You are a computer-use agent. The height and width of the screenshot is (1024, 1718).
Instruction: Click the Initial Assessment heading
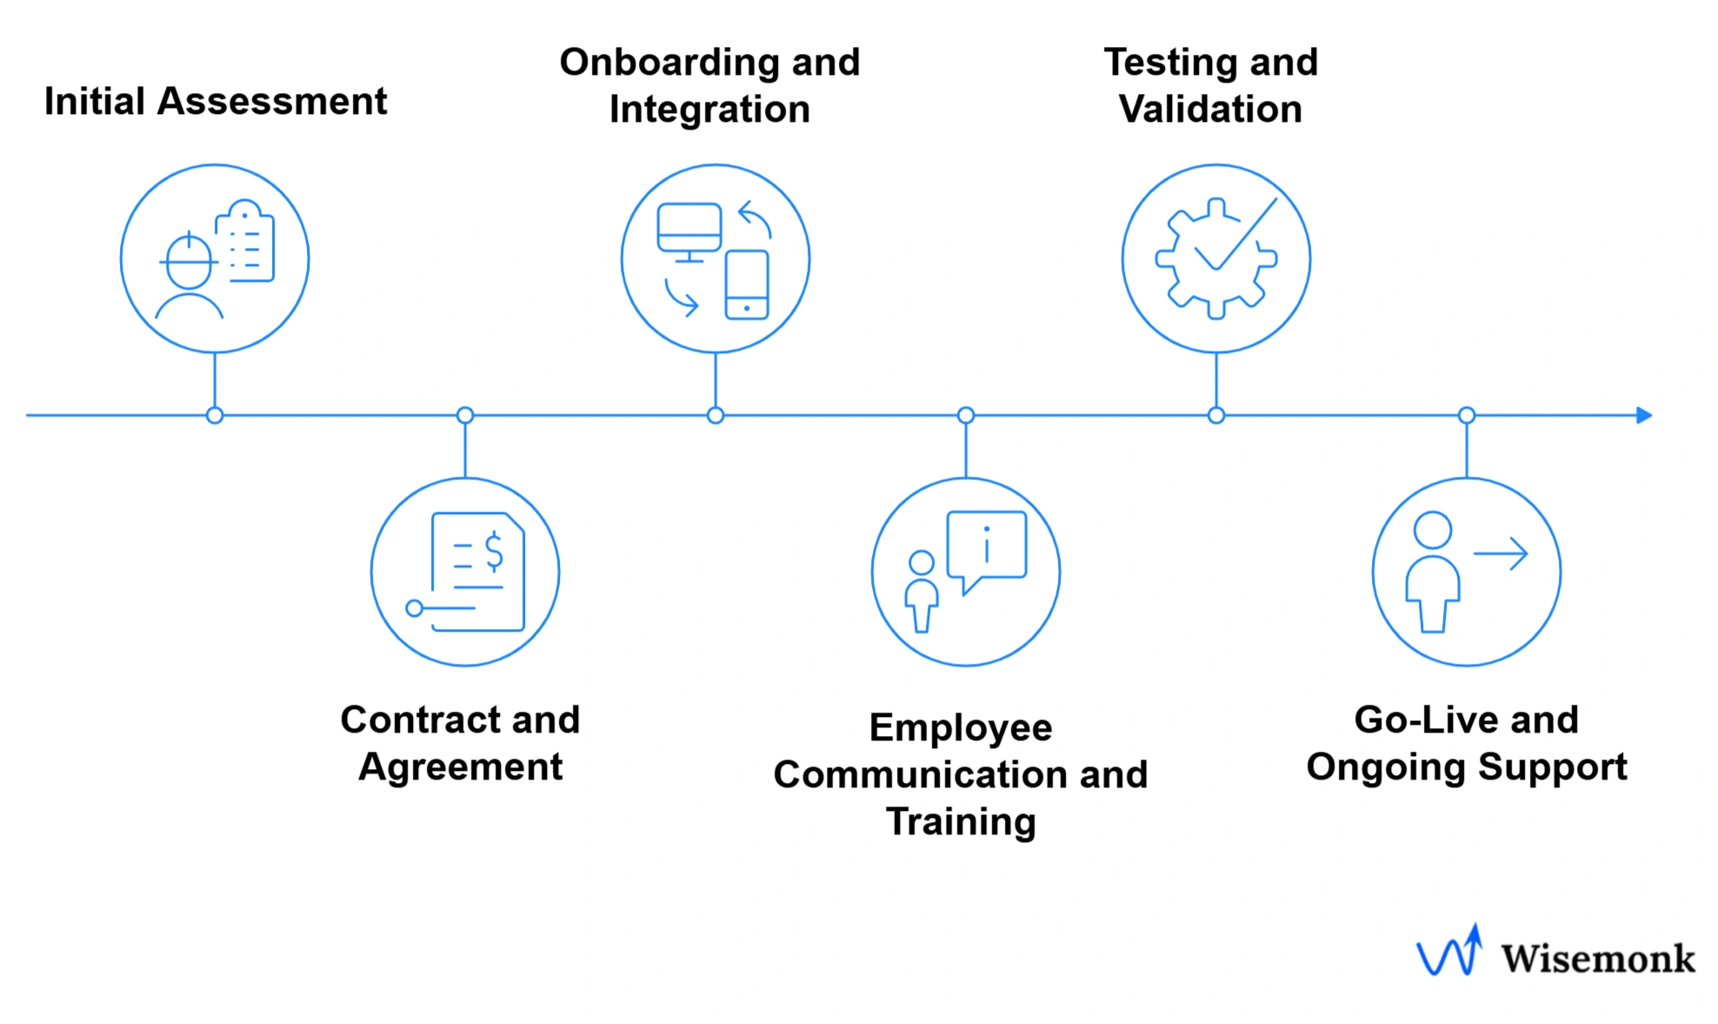[x=215, y=102]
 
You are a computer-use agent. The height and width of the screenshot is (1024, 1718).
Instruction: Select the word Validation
[x=1210, y=110]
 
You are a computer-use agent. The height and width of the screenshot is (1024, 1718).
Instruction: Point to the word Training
[x=961, y=822]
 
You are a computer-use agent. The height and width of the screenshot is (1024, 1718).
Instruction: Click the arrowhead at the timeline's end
[x=1643, y=416]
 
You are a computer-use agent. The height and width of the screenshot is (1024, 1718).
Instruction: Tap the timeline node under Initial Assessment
[x=215, y=416]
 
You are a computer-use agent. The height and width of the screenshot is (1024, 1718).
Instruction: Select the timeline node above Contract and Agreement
[x=465, y=416]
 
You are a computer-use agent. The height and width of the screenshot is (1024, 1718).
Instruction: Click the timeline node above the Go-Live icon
[x=1467, y=416]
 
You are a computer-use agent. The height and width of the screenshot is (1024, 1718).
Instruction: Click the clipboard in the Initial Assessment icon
[x=246, y=244]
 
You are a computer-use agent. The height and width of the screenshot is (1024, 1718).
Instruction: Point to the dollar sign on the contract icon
[x=494, y=552]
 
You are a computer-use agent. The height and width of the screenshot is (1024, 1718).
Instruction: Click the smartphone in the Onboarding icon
[x=747, y=284]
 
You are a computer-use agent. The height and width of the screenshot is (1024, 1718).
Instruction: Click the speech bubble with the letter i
[x=987, y=545]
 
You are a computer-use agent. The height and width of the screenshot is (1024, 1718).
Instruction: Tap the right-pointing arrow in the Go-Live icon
[x=1502, y=553]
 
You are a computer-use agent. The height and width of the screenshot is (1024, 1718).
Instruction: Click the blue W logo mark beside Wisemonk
[x=1449, y=953]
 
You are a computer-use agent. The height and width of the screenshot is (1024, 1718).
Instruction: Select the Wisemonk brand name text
[x=1597, y=959]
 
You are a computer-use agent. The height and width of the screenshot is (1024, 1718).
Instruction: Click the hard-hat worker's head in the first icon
[x=189, y=261]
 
